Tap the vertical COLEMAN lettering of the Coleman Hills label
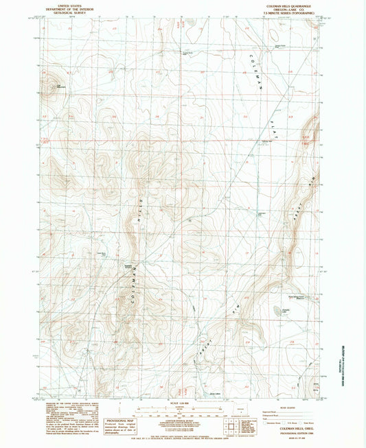click(x=131, y=288)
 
